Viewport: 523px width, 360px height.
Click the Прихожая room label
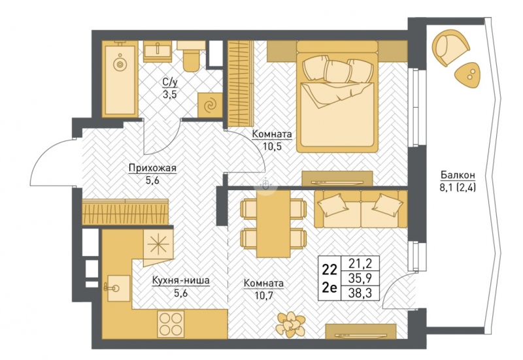pyautogui.click(x=152, y=169)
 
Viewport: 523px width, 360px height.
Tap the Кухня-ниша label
pyautogui.click(x=181, y=281)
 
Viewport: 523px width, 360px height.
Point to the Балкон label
pyautogui.click(x=458, y=174)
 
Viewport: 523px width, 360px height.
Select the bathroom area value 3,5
pyautogui.click(x=170, y=95)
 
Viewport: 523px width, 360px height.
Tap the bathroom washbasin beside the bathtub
pyautogui.click(x=158, y=52)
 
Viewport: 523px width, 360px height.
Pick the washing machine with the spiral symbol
pyautogui.click(x=210, y=105)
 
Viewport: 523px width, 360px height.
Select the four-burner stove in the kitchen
pyautogui.click(x=171, y=324)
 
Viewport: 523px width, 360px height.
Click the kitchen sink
pyautogui.click(x=118, y=288)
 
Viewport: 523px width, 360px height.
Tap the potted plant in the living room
pyautogui.click(x=290, y=324)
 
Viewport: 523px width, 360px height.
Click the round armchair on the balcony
pyautogui.click(x=450, y=47)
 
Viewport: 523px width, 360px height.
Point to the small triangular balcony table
pyautogui.click(x=468, y=76)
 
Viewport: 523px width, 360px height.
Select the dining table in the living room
pyautogui.click(x=273, y=223)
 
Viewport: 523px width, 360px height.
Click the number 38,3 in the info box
pyautogui.click(x=360, y=293)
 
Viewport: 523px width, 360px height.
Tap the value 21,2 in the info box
pyautogui.click(x=360, y=264)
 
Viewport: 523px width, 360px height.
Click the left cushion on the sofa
pyautogui.click(x=333, y=203)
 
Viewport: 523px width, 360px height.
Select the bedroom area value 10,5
pyautogui.click(x=272, y=146)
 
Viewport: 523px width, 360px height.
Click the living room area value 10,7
pyautogui.click(x=264, y=295)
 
